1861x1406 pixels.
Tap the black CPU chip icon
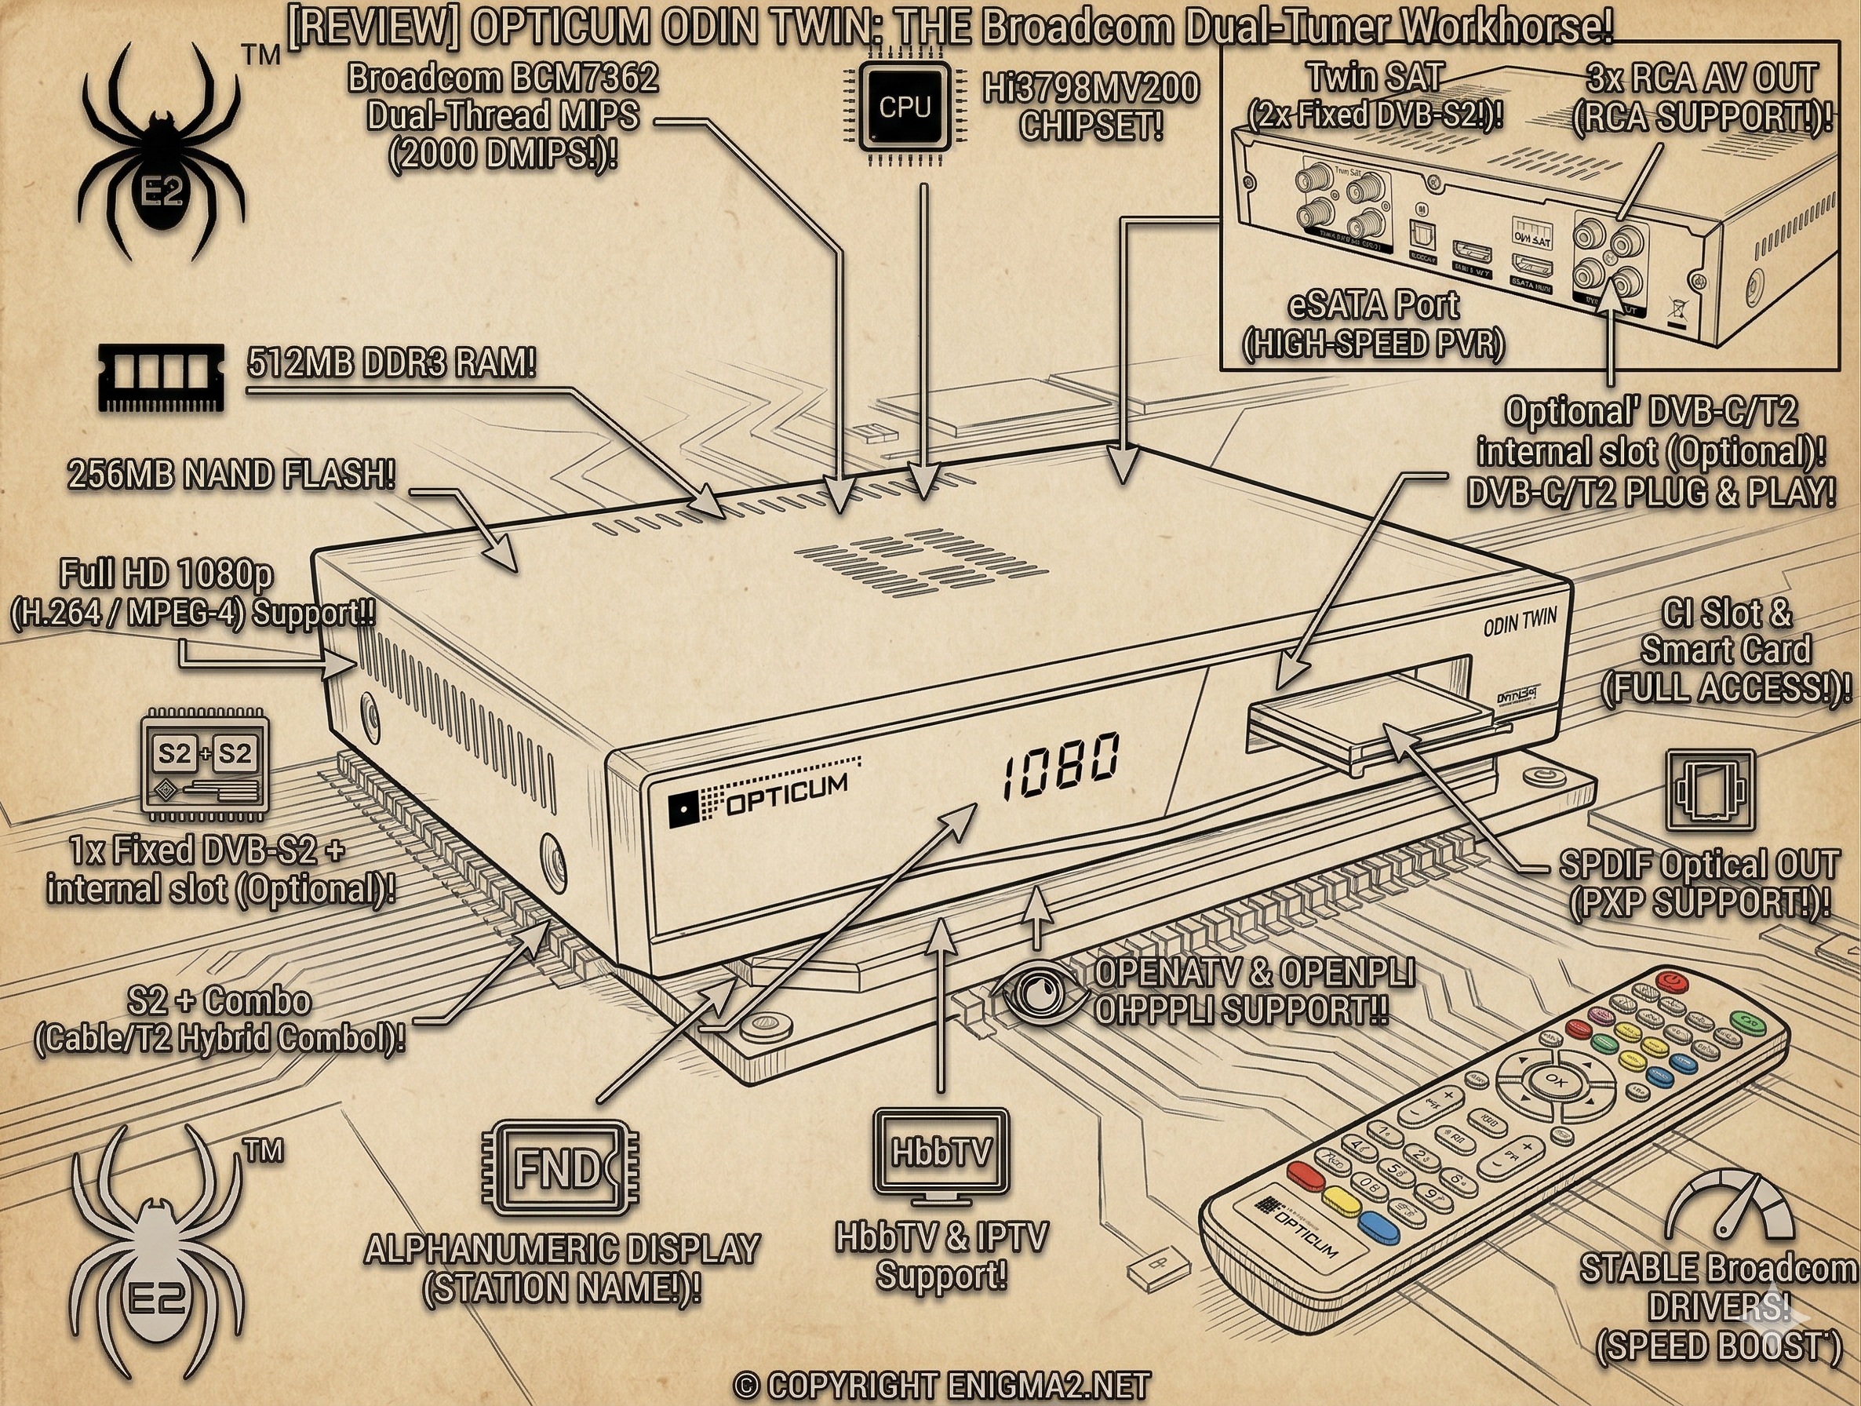(x=905, y=107)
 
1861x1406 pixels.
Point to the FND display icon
(x=560, y=1169)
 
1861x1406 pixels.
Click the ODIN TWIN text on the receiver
(x=1519, y=624)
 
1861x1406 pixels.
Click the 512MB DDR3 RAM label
(x=392, y=364)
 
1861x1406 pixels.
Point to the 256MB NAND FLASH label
(x=231, y=475)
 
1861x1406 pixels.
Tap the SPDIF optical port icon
(x=1710, y=791)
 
